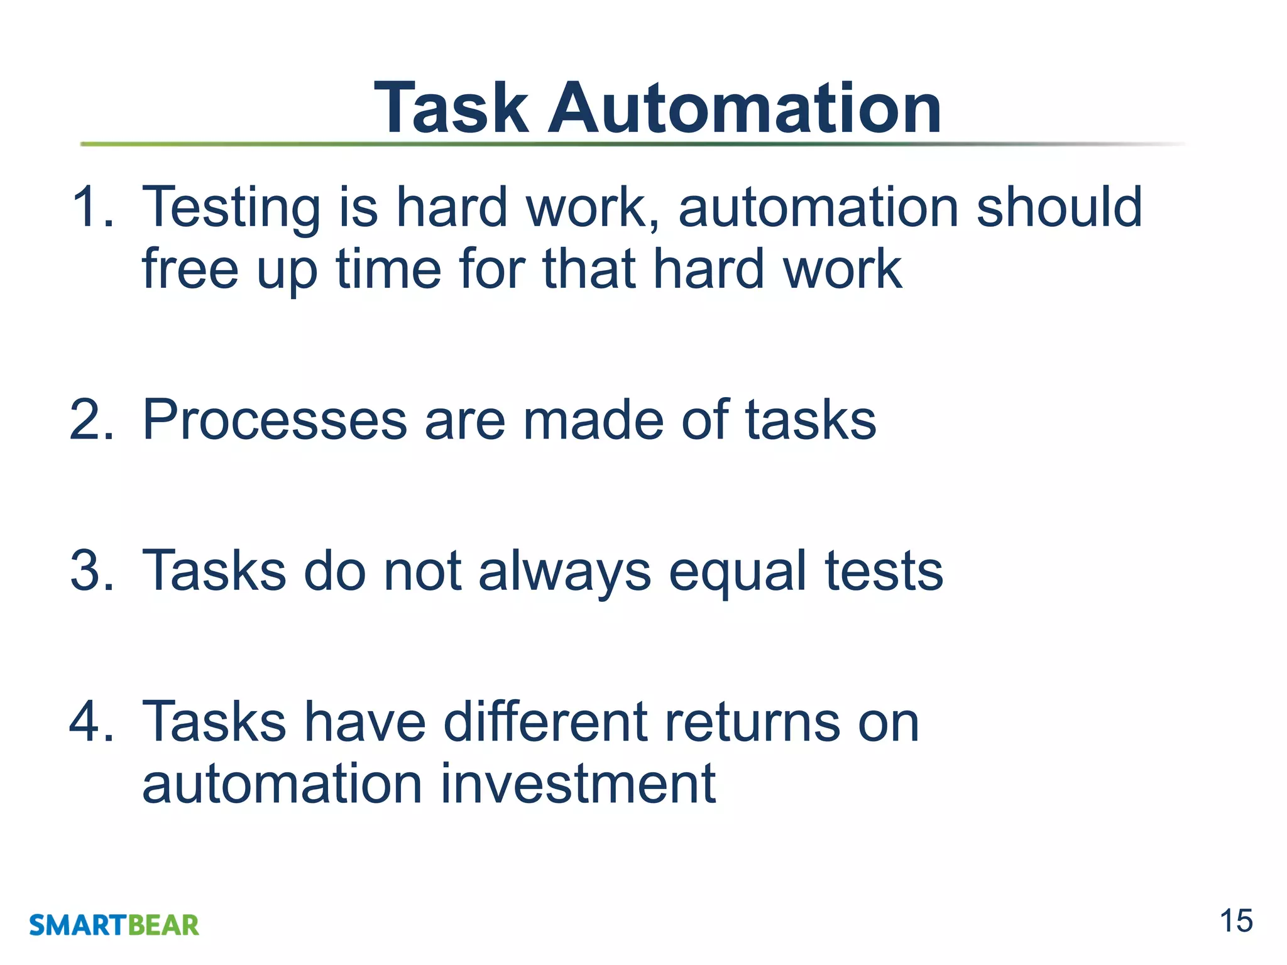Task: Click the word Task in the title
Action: [x=451, y=108]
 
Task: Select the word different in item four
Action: [x=545, y=722]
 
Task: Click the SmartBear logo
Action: [x=114, y=925]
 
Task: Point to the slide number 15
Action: [x=1235, y=922]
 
